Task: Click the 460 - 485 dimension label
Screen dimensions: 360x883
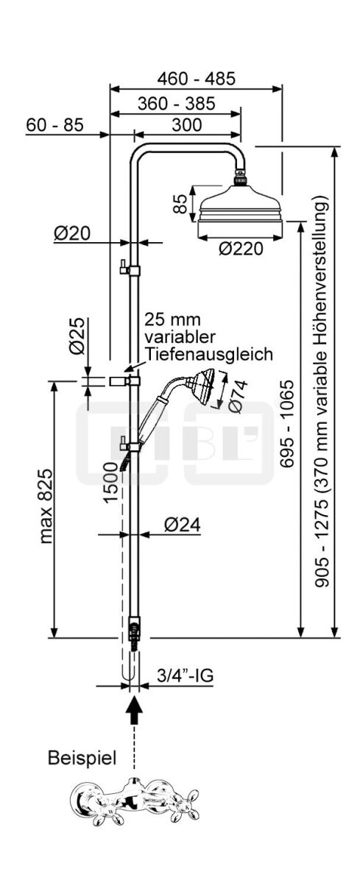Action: click(196, 79)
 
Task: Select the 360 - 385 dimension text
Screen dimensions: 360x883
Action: click(176, 104)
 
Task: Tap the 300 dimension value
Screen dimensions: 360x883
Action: click(187, 125)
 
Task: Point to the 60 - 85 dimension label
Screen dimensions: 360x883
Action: click(54, 125)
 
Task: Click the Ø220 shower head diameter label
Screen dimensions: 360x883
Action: click(241, 249)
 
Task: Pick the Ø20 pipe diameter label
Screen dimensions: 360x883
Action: click(72, 233)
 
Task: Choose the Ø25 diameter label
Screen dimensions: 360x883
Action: click(77, 336)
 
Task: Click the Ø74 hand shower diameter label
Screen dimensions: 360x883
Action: click(238, 396)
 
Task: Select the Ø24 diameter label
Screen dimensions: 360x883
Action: click(182, 525)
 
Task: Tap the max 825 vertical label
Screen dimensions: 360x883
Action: click(46, 506)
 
